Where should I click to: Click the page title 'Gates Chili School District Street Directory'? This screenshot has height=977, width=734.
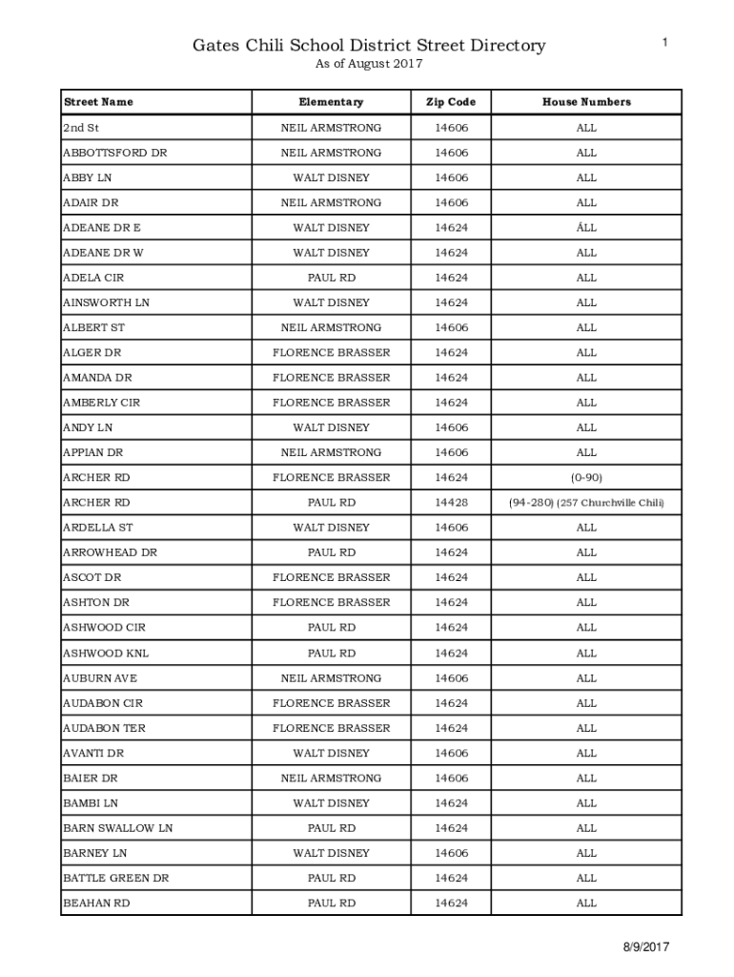tap(369, 45)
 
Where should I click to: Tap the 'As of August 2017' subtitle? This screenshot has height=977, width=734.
tap(368, 64)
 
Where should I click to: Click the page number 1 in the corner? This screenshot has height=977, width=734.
tap(665, 41)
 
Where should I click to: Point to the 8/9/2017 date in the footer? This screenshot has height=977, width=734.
tap(646, 947)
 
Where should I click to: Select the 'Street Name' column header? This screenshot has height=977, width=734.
tap(98, 102)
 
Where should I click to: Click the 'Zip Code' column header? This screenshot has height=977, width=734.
tap(451, 102)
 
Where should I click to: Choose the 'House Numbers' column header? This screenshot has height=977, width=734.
tap(586, 102)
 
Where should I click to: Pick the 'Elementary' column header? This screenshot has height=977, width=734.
tap(331, 102)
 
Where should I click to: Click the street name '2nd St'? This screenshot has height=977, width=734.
tap(81, 128)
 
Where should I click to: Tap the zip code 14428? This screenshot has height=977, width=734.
tap(451, 503)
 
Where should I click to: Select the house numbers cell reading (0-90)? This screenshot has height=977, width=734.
tap(586, 477)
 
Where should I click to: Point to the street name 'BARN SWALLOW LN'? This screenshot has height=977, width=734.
tap(117, 828)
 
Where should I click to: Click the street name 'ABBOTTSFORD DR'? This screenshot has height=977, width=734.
tap(114, 153)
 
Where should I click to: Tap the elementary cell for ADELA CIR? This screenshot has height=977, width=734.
tap(331, 278)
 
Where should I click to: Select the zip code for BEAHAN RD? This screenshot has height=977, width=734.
tap(451, 903)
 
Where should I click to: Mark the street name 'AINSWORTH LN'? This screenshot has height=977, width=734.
tap(106, 302)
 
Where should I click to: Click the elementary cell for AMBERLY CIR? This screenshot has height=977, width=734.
tap(331, 403)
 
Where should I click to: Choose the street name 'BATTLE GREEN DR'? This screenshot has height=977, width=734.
tap(115, 878)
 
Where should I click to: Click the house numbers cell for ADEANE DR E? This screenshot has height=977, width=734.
tap(586, 228)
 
